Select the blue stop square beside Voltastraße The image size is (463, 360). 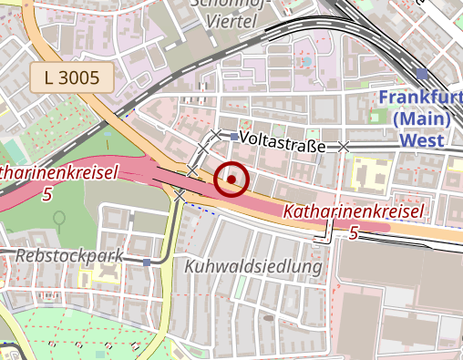tap(234, 138)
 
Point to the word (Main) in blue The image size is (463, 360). tap(421, 118)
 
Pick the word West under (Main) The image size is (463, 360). tap(421, 140)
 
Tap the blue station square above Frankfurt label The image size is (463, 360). tap(421, 74)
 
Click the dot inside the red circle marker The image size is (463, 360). tap(231, 180)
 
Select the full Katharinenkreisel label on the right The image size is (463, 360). tap(354, 212)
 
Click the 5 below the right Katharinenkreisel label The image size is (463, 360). tap(354, 233)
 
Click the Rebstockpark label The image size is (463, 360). tap(68, 255)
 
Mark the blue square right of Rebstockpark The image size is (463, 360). tap(147, 262)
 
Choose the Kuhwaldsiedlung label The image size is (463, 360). tap(253, 267)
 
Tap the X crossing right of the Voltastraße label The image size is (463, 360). tap(344, 146)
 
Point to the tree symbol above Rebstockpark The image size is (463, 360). tap(59, 219)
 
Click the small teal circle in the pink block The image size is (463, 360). tap(307, 62)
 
